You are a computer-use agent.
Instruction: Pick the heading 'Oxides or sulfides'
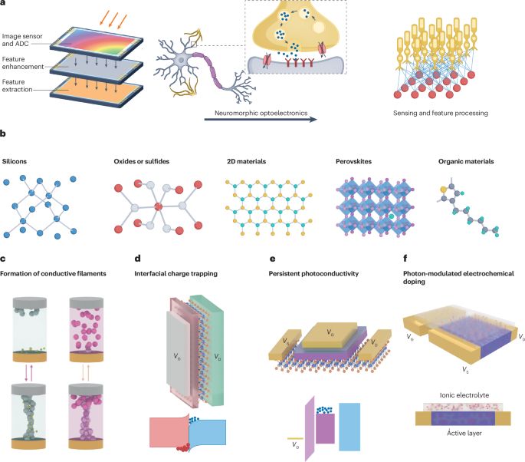[x=138, y=163]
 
